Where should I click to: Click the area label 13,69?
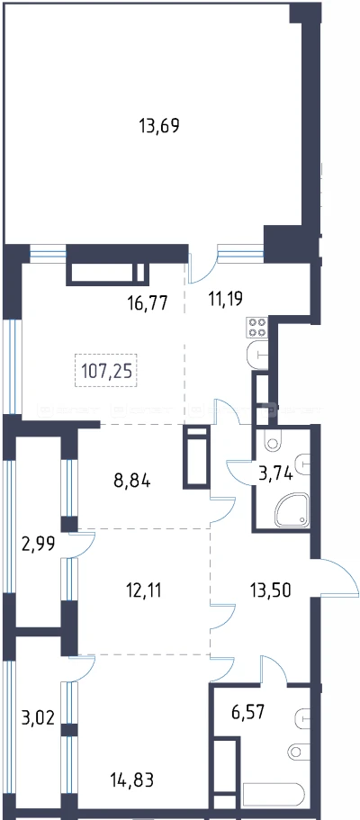(x=159, y=126)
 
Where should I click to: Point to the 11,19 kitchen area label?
(x=221, y=300)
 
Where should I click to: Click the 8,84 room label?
(x=132, y=481)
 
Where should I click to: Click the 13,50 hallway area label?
(x=269, y=590)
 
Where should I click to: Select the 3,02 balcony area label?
(x=37, y=715)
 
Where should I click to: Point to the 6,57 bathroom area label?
(x=248, y=711)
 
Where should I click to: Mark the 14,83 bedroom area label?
(x=133, y=780)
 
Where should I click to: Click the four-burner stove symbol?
(x=256, y=328)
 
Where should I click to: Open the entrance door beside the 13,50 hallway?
(x=338, y=578)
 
